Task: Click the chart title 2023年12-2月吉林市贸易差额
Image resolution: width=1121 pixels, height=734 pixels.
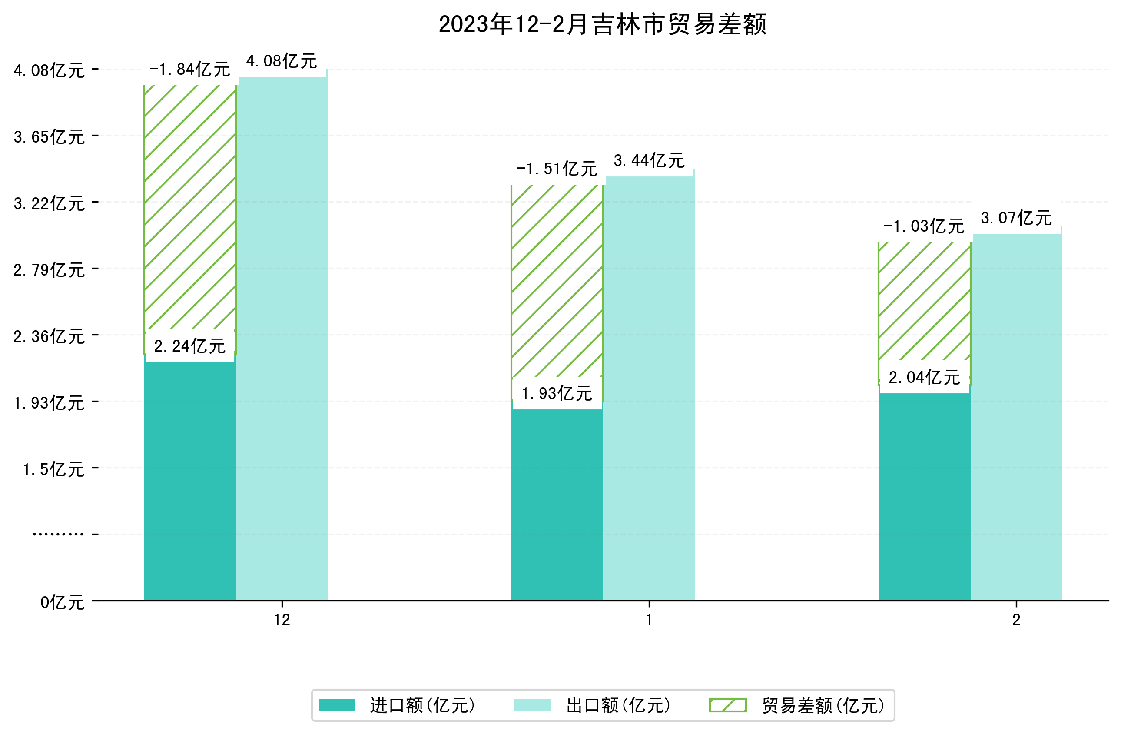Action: pyautogui.click(x=602, y=24)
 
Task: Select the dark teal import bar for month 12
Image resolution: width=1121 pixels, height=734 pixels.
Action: pyautogui.click(x=189, y=481)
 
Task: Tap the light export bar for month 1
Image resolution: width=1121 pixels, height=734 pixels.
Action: pyautogui.click(x=649, y=386)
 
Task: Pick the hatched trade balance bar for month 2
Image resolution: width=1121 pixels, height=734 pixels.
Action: pyautogui.click(x=924, y=302)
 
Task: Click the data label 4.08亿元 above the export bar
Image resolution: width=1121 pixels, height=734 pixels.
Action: pyautogui.click(x=282, y=61)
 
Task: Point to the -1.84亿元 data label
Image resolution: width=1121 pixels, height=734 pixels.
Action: pyautogui.click(x=189, y=70)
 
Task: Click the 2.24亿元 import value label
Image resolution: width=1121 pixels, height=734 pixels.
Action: pyautogui.click(x=189, y=346)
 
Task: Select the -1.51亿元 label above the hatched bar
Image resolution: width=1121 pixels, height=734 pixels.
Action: pyautogui.click(x=557, y=169)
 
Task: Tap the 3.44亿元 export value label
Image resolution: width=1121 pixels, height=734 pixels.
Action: pyautogui.click(x=649, y=161)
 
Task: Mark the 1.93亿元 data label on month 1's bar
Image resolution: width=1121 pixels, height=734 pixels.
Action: pyautogui.click(x=557, y=393)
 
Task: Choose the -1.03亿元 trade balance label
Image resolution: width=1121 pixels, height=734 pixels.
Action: pyautogui.click(x=924, y=226)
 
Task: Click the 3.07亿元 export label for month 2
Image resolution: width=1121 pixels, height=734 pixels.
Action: pyautogui.click(x=1016, y=218)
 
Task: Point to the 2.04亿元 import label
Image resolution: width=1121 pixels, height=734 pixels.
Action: pyautogui.click(x=924, y=377)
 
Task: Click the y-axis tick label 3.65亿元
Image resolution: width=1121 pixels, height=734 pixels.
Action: pyautogui.click(x=49, y=137)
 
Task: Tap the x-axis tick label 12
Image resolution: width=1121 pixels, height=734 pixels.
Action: pyautogui.click(x=282, y=620)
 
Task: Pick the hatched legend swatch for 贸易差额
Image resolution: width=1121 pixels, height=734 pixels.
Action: pyautogui.click(x=728, y=705)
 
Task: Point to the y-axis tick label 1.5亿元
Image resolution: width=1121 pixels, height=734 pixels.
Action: pyautogui.click(x=54, y=470)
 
